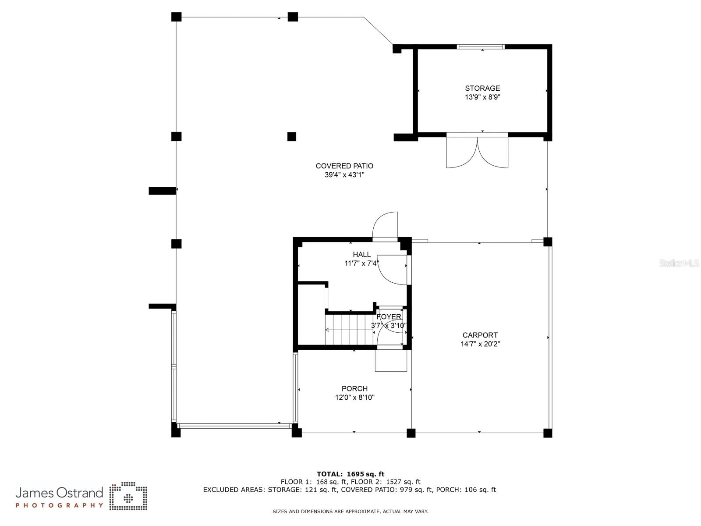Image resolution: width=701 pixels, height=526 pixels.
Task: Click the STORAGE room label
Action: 482,88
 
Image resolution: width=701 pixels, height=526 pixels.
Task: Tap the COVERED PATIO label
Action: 344,166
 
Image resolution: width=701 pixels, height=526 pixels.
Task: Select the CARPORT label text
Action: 480,335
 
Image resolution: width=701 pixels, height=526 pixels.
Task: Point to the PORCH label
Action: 354,389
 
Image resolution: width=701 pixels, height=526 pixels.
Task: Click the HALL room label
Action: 361,255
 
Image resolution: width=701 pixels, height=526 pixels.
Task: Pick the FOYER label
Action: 389,317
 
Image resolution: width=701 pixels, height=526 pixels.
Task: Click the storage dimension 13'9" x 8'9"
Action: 482,97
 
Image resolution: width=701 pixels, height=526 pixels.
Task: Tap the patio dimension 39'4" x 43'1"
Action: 344,175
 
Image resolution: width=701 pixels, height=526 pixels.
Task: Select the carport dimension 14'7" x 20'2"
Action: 480,344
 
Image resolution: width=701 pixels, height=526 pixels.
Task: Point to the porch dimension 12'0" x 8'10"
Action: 354,398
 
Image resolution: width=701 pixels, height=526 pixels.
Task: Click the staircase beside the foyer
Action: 349,330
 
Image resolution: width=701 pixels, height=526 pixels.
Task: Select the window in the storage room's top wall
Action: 481,46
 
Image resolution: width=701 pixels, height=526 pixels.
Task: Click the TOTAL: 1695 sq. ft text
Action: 350,474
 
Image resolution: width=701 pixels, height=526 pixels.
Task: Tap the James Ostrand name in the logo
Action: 60,492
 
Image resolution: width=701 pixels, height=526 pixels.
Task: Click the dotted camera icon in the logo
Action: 128,496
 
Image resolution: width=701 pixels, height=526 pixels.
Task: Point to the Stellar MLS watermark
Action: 679,263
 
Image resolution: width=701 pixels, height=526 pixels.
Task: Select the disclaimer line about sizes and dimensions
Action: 350,512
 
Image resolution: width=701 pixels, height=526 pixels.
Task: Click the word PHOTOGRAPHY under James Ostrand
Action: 60,505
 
